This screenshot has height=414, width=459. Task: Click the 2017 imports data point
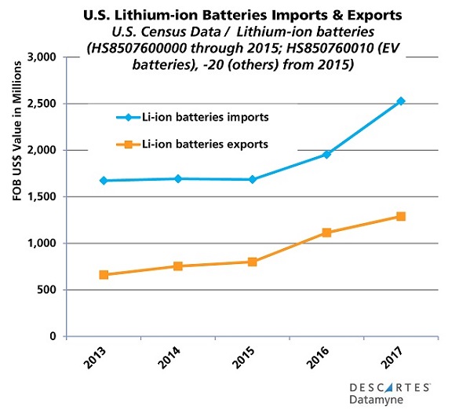pos(401,101)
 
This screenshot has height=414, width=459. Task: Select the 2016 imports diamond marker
pos(326,154)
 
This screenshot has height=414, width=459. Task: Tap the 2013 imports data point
pos(104,181)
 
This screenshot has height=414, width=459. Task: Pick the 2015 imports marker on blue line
pos(252,179)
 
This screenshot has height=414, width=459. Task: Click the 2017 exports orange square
pos(401,216)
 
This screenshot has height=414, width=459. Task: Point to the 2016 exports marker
pos(326,233)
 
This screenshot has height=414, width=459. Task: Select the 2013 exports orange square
pos(104,275)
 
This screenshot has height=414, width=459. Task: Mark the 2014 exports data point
pos(178,266)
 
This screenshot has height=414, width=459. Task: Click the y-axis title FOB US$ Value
pos(16,196)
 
